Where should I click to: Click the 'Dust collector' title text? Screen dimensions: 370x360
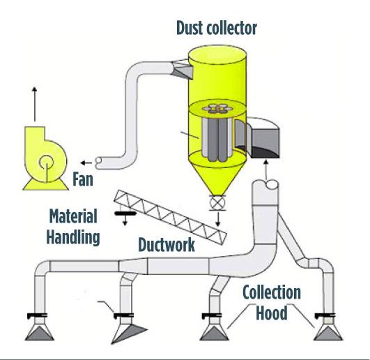click(x=217, y=28)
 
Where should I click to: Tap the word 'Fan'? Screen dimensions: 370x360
click(x=83, y=179)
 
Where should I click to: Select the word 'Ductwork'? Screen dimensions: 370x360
click(x=167, y=244)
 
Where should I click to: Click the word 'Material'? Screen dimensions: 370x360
click(x=73, y=216)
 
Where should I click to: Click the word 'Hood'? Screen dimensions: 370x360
click(x=272, y=313)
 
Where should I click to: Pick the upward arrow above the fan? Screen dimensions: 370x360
click(x=35, y=104)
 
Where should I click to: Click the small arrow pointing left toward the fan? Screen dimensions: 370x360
click(x=86, y=163)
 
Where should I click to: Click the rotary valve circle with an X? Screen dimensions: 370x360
click(x=217, y=203)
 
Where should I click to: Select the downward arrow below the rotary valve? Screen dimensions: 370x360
click(x=218, y=219)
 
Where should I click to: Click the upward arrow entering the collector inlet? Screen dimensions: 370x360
click(x=266, y=170)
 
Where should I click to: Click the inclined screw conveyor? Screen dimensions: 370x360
click(x=171, y=217)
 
